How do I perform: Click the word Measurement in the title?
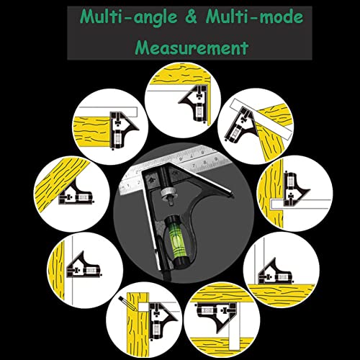click(x=192, y=47)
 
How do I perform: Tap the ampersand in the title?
click(x=191, y=17)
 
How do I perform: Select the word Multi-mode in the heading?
click(x=254, y=17)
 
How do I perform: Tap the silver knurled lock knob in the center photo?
click(x=168, y=193)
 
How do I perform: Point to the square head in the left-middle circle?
click(x=76, y=192)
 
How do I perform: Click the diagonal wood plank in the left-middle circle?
click(x=61, y=185)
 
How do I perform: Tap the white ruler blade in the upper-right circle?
click(x=261, y=120)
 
